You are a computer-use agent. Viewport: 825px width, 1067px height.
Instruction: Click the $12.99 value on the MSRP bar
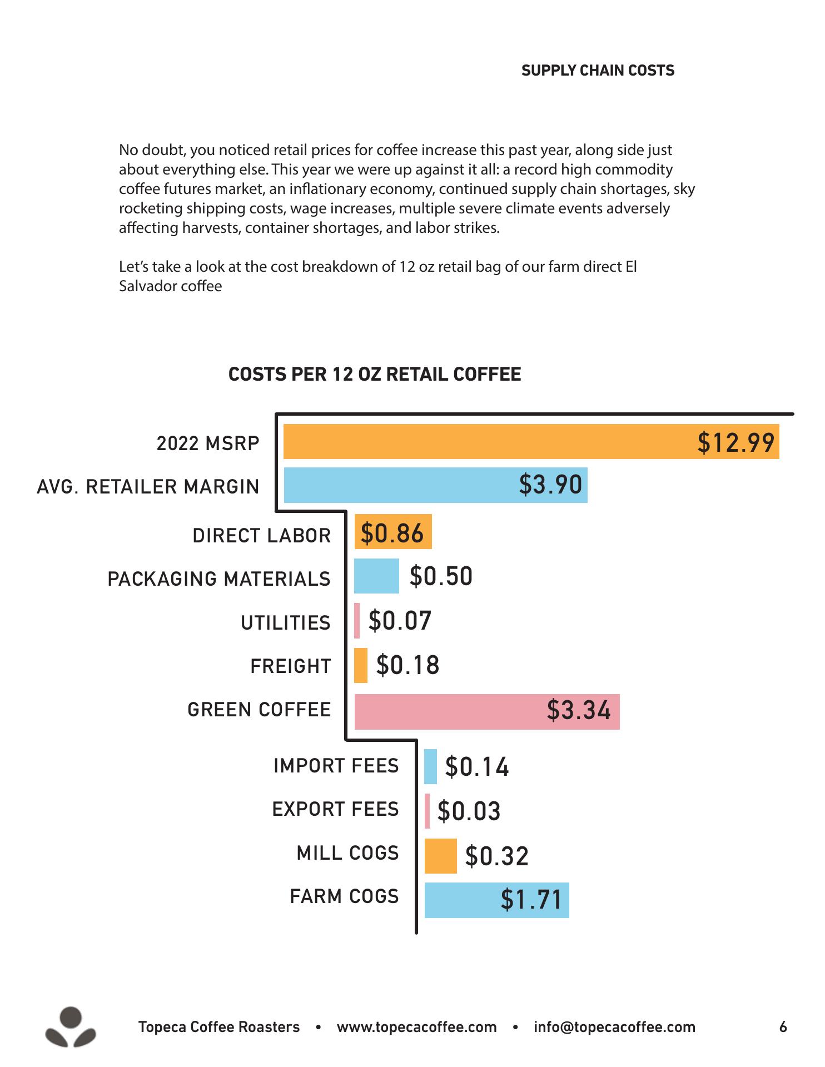pos(735,442)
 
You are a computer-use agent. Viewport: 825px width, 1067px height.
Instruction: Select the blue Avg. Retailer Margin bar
pos(400,485)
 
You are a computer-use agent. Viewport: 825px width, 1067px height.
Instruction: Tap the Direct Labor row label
pos(262,536)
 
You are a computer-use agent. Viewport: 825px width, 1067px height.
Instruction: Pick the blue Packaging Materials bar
pos(376,576)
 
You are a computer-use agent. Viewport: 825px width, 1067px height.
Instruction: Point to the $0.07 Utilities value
pos(400,621)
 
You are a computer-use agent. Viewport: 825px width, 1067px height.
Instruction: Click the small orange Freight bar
pos(361,665)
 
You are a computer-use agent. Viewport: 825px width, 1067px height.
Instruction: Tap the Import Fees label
pos(336,766)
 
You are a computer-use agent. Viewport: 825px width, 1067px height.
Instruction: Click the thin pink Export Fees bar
pos(427,811)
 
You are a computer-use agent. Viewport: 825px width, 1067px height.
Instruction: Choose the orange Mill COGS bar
pos(440,856)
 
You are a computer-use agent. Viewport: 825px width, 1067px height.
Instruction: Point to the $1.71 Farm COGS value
pos(531,900)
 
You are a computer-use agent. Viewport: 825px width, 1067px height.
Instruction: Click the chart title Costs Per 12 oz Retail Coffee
pos(375,374)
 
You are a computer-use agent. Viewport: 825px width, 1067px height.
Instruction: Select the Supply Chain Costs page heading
pos(598,71)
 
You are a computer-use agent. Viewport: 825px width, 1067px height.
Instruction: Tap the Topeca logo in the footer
pos(71,1026)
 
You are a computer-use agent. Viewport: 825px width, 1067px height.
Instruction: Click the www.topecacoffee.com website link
pos(416,1027)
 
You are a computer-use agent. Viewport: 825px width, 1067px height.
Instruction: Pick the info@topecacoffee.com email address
pos(614,1027)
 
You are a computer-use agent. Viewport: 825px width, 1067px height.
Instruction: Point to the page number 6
pos(783,1027)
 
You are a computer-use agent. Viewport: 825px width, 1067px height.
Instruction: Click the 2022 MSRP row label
pos(208,443)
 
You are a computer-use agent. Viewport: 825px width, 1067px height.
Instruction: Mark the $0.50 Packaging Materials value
pos(441,576)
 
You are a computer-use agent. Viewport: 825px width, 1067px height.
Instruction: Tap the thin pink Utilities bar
pos(357,621)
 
